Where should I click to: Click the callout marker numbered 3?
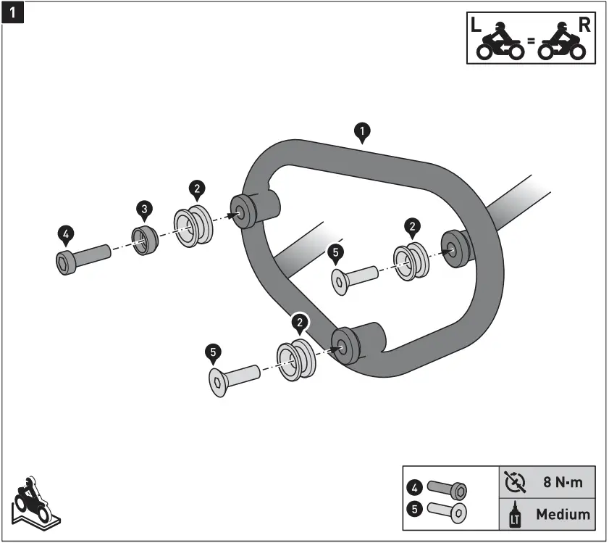point(145,210)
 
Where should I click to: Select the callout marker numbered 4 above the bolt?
point(65,233)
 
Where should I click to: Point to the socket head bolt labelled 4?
point(81,257)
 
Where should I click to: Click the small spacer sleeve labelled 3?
point(145,239)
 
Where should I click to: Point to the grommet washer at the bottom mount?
point(297,360)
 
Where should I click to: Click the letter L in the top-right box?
point(475,23)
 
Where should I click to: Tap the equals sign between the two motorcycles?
point(530,41)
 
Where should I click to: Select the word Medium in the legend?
point(563,515)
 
